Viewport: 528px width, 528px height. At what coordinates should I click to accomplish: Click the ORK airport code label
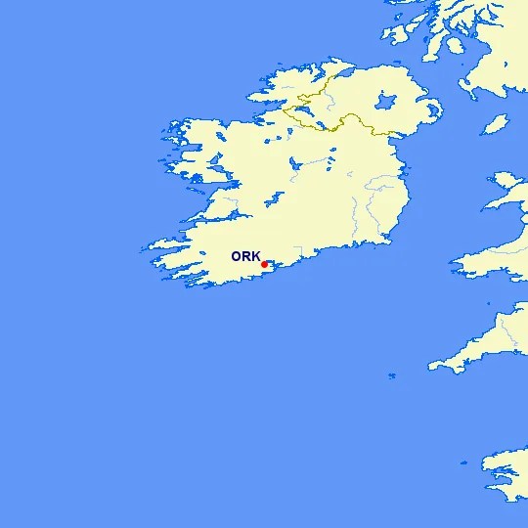[245, 256]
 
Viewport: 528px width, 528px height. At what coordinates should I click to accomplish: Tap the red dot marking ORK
[264, 264]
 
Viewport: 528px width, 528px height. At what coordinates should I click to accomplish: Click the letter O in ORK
[236, 256]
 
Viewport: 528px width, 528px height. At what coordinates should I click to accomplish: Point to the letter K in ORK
[255, 256]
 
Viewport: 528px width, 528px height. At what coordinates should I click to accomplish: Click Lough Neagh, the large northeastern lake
[384, 102]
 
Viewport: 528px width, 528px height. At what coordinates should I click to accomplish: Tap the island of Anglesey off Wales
[508, 182]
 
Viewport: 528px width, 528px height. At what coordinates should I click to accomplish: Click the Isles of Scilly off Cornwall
[392, 375]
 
